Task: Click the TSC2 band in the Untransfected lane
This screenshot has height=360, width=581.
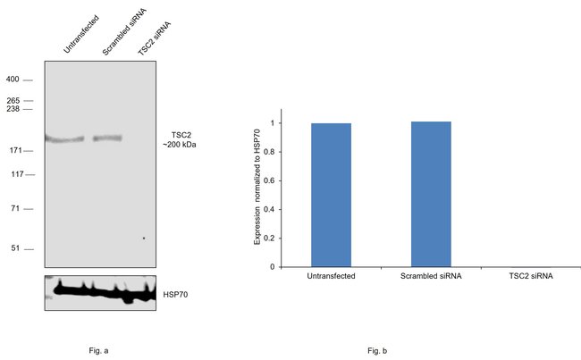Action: pyautogui.click(x=64, y=139)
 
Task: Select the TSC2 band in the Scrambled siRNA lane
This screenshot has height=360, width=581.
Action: pyautogui.click(x=108, y=138)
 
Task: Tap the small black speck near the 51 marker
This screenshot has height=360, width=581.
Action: pyautogui.click(x=143, y=239)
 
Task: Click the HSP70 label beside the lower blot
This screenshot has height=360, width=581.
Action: pyautogui.click(x=177, y=292)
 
